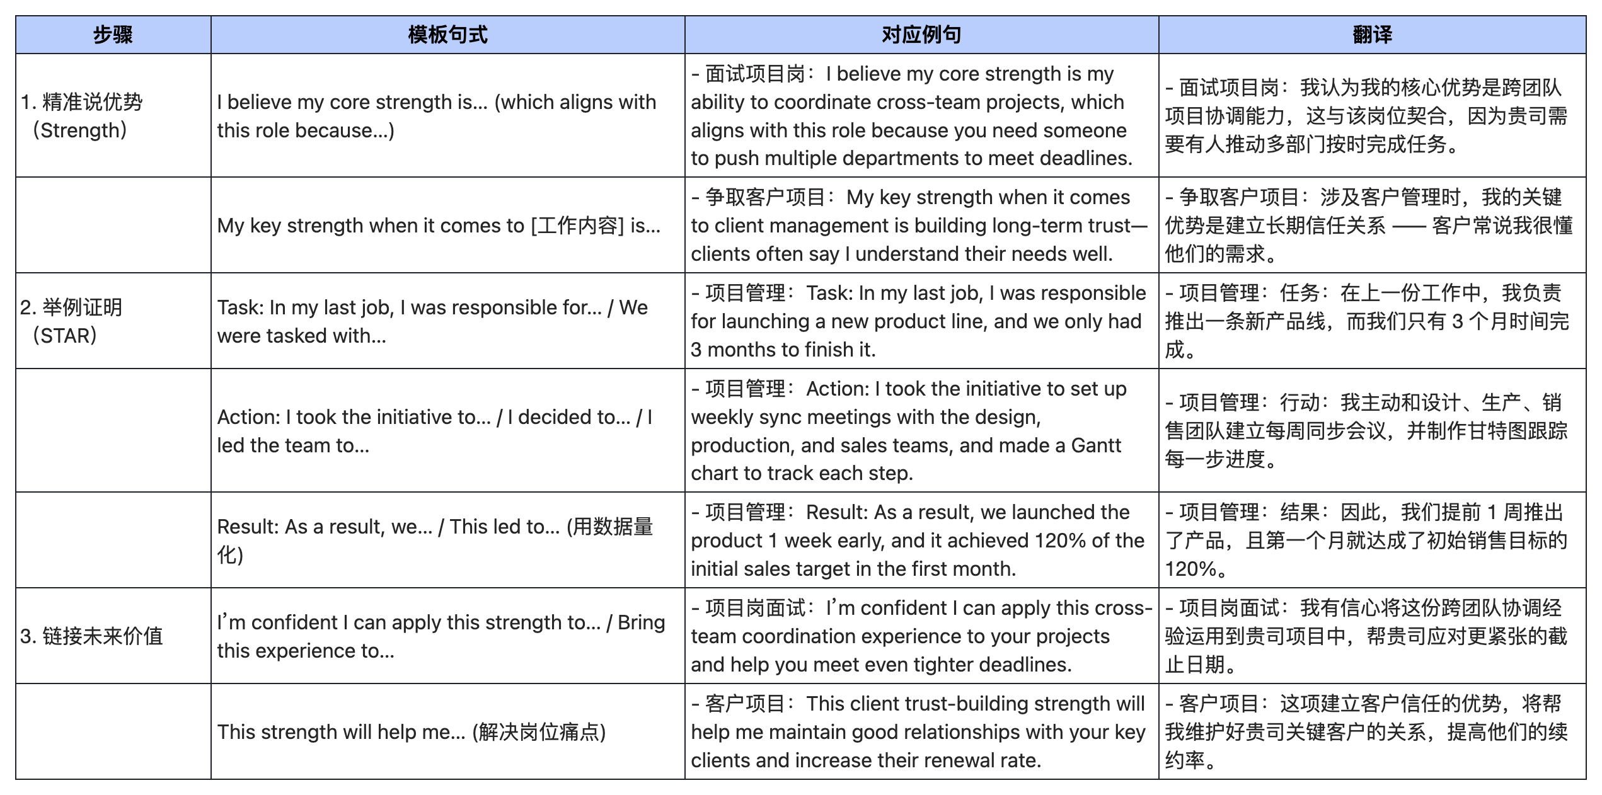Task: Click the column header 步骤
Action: [x=113, y=35]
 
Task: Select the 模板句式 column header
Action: [x=447, y=35]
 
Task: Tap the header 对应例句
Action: [x=921, y=35]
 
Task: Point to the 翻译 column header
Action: [x=1372, y=35]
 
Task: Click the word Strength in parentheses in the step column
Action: [x=79, y=130]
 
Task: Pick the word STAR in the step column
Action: [x=65, y=336]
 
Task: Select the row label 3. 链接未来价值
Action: [x=92, y=636]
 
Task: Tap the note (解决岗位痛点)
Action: [x=539, y=732]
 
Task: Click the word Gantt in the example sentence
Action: [x=1096, y=445]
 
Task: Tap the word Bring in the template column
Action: [x=641, y=622]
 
